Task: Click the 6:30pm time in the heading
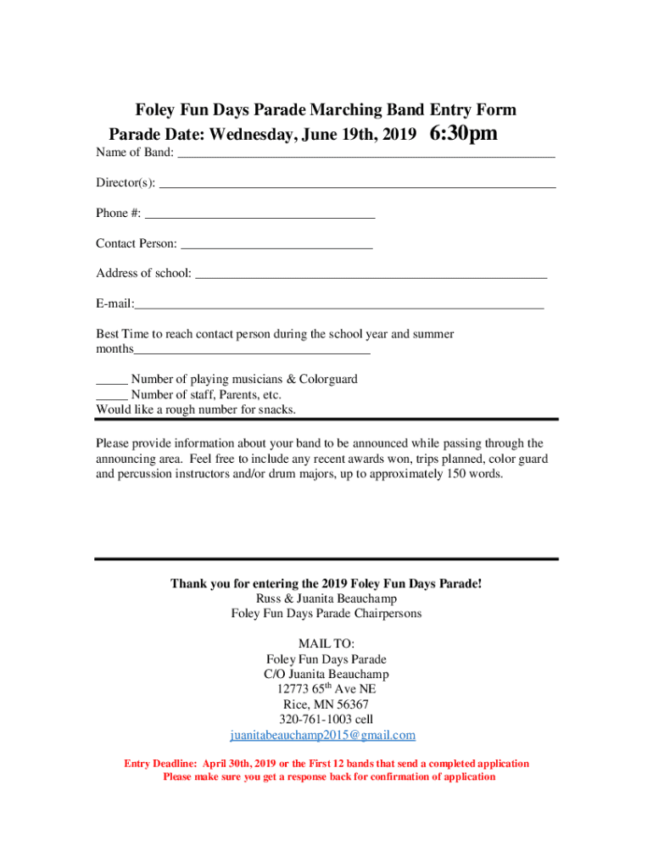pyautogui.click(x=464, y=134)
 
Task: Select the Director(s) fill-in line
pyautogui.click(x=357, y=183)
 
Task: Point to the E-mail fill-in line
pyautogui.click(x=339, y=305)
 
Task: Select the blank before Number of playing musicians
pyautogui.click(x=111, y=381)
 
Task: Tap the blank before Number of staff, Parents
pyautogui.click(x=111, y=396)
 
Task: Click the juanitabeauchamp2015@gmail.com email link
pyautogui.click(x=323, y=735)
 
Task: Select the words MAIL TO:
pyautogui.click(x=326, y=643)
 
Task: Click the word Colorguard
pyautogui.click(x=327, y=379)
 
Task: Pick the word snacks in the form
pyautogui.click(x=276, y=409)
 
